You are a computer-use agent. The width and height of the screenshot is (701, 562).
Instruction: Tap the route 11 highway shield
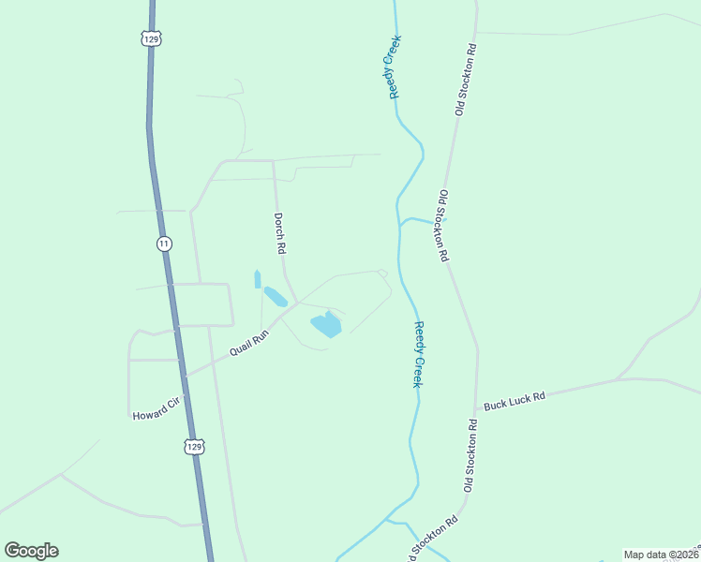tap(164, 244)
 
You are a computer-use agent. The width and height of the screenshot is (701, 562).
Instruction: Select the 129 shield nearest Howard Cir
tap(192, 447)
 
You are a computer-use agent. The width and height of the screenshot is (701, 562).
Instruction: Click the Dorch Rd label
tap(278, 234)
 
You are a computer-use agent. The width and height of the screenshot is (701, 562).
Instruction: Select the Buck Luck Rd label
tap(514, 401)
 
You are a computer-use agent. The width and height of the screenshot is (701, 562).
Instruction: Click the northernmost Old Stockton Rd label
tap(466, 80)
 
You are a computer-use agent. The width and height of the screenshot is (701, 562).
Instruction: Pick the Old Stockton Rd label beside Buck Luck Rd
tap(471, 455)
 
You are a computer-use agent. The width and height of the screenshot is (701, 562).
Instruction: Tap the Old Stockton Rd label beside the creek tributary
tap(444, 225)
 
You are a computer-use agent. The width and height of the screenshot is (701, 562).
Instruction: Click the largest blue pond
tap(326, 325)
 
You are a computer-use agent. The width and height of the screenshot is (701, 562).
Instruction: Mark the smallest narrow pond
tap(257, 279)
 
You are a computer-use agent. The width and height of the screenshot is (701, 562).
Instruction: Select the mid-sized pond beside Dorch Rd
tap(275, 297)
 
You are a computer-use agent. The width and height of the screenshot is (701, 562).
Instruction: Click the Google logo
tap(31, 551)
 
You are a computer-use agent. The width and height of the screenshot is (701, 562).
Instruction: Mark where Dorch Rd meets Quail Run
tap(296, 303)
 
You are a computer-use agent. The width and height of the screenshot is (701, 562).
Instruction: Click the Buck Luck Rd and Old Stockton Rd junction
tap(478, 409)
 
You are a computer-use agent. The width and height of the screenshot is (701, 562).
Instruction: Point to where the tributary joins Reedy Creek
tap(400, 225)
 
